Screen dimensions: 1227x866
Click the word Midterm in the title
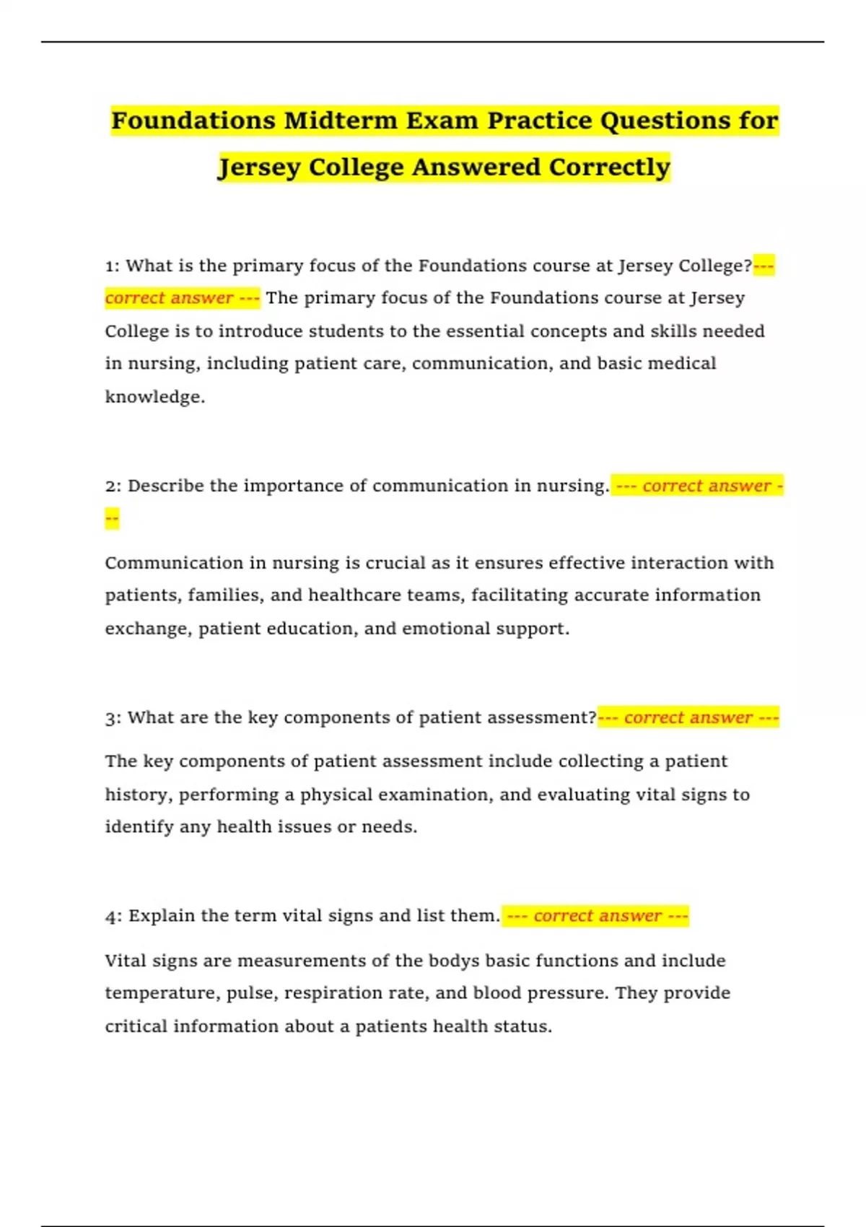click(340, 121)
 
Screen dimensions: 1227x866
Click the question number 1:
click(112, 266)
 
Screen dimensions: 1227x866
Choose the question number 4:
click(113, 917)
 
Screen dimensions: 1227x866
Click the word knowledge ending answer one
click(154, 397)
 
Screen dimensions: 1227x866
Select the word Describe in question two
click(165, 486)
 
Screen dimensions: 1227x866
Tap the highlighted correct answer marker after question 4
click(596, 916)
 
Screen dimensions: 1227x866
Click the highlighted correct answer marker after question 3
click(688, 718)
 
